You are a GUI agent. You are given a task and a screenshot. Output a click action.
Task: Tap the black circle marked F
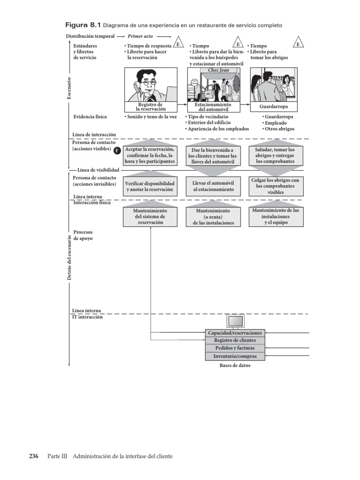click(x=117, y=150)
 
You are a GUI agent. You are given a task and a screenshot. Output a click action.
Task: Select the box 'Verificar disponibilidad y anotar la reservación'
click(x=150, y=187)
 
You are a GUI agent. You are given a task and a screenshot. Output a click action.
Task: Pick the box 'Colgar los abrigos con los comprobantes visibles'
click(x=276, y=186)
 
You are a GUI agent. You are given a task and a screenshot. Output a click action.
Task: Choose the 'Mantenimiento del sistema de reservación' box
click(x=150, y=217)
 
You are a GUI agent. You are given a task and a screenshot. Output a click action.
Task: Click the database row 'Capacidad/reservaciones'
click(x=235, y=333)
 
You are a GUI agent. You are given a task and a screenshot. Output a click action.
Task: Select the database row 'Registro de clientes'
click(x=235, y=340)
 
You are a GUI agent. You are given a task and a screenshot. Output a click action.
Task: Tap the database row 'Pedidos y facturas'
click(x=235, y=348)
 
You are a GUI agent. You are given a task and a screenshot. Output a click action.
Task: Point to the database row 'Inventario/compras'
click(x=235, y=356)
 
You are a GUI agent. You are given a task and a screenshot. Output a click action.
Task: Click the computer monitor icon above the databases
click(x=235, y=322)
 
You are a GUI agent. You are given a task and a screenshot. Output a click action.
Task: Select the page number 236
click(x=34, y=456)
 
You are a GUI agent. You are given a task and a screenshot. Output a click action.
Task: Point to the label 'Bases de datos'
click(x=235, y=366)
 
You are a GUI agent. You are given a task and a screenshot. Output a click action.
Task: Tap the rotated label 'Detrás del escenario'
click(x=69, y=258)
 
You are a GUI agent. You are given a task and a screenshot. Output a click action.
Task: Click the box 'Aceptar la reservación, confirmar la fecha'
click(x=150, y=155)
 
